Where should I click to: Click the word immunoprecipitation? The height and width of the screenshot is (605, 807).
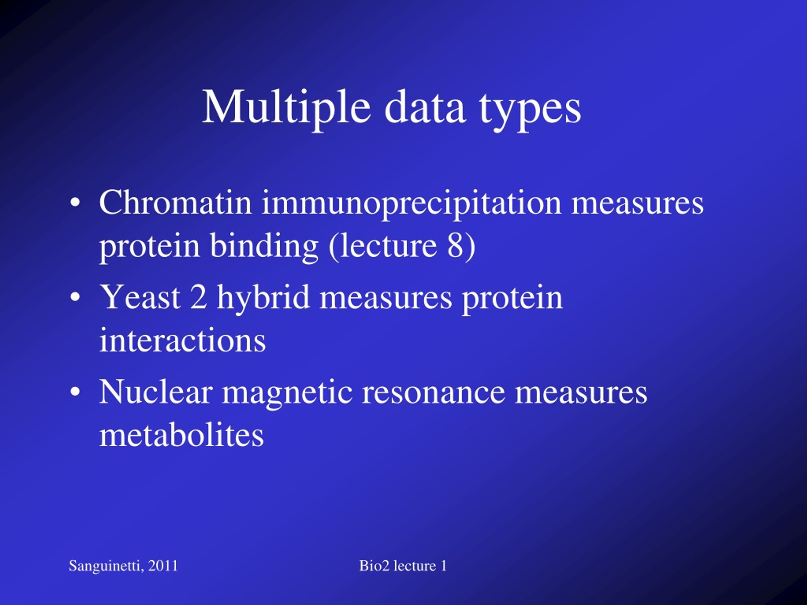(x=411, y=204)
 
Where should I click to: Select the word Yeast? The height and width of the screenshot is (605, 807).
(x=140, y=297)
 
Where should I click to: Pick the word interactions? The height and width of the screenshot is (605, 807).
(x=183, y=340)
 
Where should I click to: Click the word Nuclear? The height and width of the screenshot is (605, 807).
(x=156, y=392)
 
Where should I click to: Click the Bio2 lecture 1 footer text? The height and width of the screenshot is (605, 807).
(x=403, y=566)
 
